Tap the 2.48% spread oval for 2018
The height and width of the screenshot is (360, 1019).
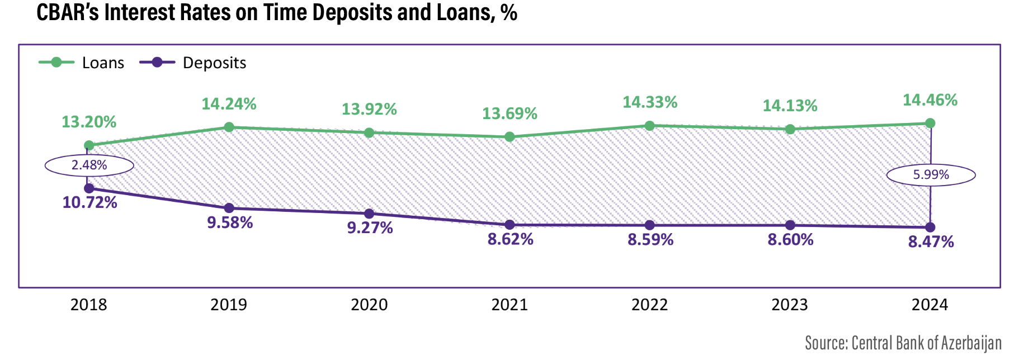(x=89, y=165)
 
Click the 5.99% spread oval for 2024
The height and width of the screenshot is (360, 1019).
(x=931, y=175)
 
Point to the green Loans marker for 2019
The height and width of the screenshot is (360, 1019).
(x=229, y=127)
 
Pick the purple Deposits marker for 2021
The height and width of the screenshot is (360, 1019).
(x=510, y=225)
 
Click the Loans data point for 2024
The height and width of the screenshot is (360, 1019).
(x=930, y=123)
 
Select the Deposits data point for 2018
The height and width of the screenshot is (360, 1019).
(x=89, y=188)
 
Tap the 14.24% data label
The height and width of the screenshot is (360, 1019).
(x=229, y=104)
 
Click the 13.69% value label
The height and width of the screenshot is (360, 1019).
(x=510, y=114)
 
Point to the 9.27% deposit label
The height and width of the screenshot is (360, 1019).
(x=370, y=228)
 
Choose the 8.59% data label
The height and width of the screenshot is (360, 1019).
(x=650, y=240)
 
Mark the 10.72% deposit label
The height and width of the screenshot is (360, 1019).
(x=89, y=202)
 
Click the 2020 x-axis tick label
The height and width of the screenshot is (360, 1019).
(x=369, y=305)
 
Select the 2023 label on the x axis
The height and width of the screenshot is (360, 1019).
(x=790, y=305)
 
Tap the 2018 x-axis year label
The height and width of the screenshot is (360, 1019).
(x=89, y=305)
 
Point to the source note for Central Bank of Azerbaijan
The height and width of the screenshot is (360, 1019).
(x=903, y=343)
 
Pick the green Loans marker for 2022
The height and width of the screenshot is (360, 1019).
(x=649, y=126)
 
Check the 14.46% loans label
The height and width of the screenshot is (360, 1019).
(x=930, y=101)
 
